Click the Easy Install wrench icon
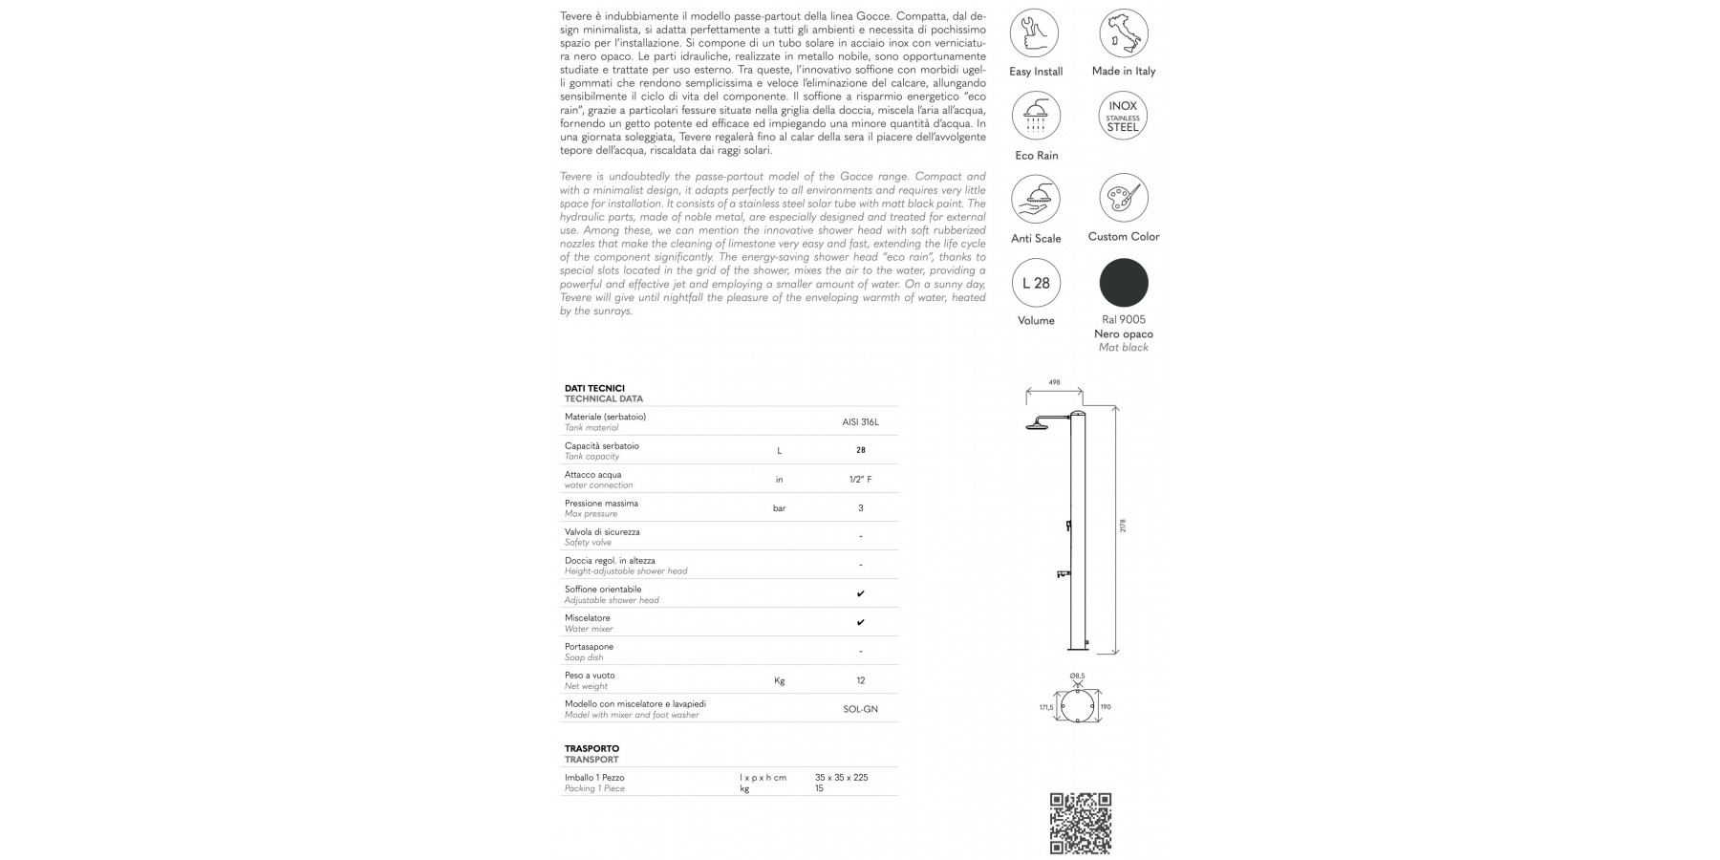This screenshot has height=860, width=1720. [x=1035, y=33]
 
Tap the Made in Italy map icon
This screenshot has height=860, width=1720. [x=1123, y=33]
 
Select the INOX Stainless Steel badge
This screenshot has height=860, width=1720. [x=1123, y=117]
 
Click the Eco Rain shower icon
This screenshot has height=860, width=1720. [x=1035, y=117]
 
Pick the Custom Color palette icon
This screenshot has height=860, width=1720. [x=1123, y=198]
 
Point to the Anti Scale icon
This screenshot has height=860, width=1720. [x=1035, y=200]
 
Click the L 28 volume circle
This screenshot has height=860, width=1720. [x=1036, y=283]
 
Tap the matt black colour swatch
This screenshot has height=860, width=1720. [x=1123, y=283]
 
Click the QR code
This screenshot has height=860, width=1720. [x=1081, y=823]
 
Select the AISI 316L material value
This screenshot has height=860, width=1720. [x=861, y=421]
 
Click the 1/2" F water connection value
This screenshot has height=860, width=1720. [x=861, y=479]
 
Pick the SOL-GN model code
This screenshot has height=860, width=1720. [x=861, y=709]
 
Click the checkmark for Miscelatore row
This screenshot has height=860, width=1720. [x=861, y=623]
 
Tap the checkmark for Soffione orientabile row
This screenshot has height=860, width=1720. [x=861, y=594]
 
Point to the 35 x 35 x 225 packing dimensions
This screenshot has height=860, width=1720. [x=841, y=778]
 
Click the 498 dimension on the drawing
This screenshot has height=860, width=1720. [x=1054, y=382]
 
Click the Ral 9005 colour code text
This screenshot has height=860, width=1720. [x=1123, y=319]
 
